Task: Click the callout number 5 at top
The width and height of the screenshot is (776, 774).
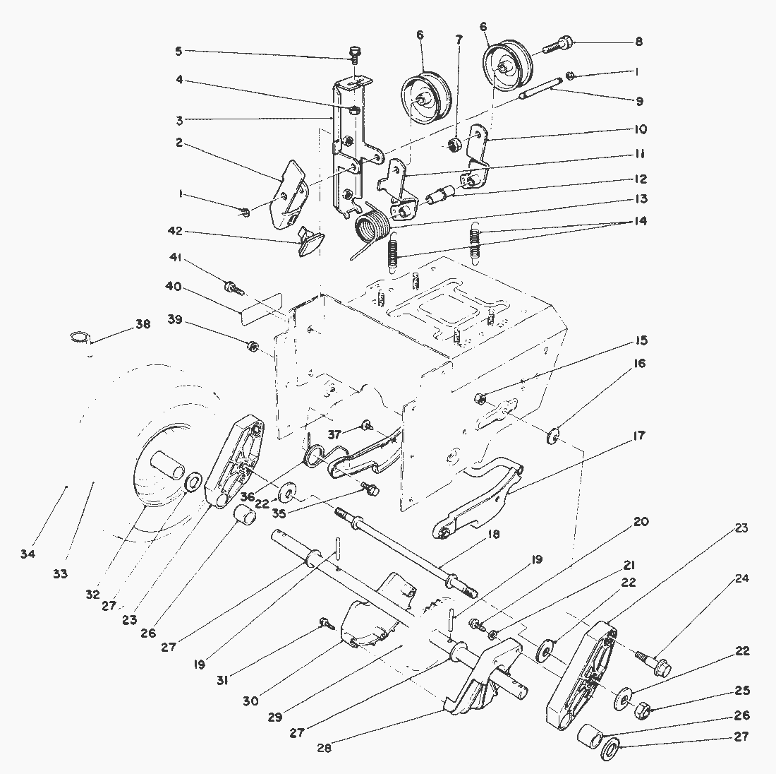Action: coord(178,51)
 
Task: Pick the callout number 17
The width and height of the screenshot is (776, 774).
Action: coord(638,436)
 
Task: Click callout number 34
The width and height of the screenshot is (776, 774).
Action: coord(27,554)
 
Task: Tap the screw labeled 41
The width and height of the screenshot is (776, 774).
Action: coord(234,287)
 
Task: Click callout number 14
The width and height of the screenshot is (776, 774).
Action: coord(640,221)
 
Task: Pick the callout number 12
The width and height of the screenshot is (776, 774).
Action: coord(640,179)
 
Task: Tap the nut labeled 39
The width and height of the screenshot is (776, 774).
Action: coord(250,345)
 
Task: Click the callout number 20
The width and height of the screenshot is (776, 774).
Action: coord(640,522)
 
